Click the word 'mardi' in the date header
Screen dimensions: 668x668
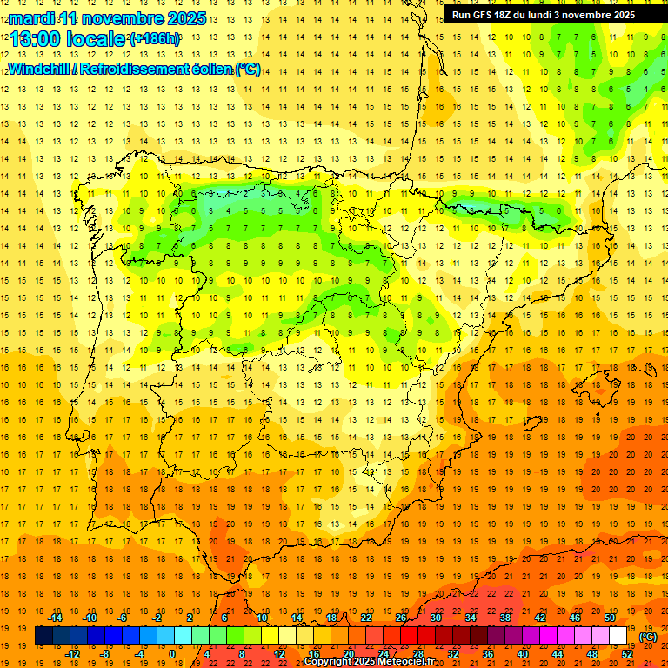pos(32,18)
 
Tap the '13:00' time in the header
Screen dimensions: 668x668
pos(35,39)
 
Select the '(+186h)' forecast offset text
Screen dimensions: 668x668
pos(155,39)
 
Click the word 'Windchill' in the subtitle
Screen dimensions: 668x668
pos(37,68)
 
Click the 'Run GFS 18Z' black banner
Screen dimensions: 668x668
pos(544,15)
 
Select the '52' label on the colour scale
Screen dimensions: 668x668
pos(627,654)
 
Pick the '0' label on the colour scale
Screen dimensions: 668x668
pos(172,654)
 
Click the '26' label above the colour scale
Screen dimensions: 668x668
pos(401,618)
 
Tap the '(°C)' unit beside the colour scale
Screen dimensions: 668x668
pos(648,637)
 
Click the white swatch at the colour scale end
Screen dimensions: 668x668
pos(618,636)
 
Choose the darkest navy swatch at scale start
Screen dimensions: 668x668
pos(43,636)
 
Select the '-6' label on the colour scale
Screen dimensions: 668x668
pos(122,618)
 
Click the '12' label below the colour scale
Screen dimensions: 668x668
pos(279,654)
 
